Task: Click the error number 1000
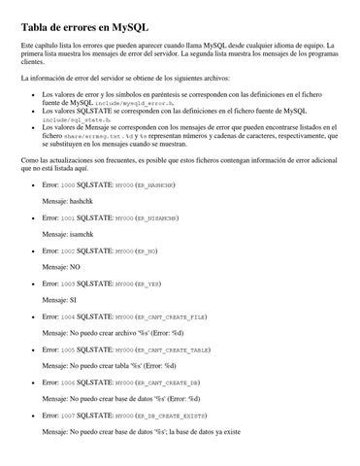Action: pos(66,183)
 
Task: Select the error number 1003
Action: pos(66,283)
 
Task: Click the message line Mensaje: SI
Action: pos(59,299)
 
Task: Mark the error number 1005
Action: pos(66,349)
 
